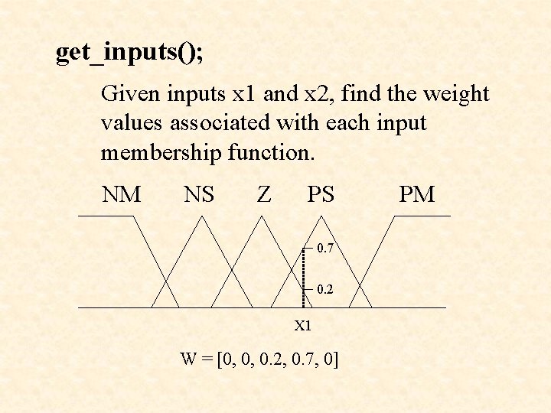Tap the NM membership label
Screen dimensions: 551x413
pos(122,195)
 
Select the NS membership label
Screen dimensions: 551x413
pos(199,195)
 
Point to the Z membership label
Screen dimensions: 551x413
pos(264,195)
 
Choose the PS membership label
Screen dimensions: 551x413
pos(321,195)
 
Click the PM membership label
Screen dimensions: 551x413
pos(417,195)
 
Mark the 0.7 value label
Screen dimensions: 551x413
pos(324,249)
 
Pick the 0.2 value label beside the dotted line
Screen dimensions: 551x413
pos(324,290)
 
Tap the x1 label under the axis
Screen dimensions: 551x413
pos(303,326)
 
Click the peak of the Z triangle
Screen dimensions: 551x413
pos(262,216)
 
